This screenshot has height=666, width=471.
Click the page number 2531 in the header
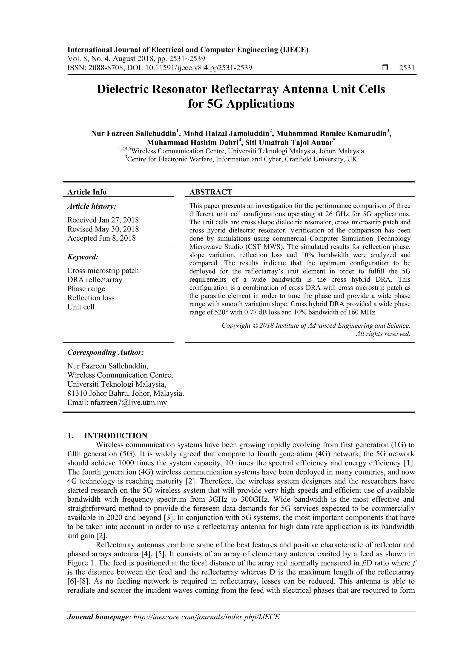[x=407, y=68]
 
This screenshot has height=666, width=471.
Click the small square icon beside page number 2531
[x=385, y=68]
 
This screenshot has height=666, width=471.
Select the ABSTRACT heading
[x=211, y=192]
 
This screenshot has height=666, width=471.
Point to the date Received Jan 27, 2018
[x=103, y=220]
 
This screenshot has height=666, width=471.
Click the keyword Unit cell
[x=81, y=307]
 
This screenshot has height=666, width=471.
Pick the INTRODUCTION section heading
[x=115, y=436]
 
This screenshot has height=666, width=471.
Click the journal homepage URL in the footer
[x=206, y=625]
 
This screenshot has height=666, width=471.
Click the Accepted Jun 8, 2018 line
[x=102, y=238]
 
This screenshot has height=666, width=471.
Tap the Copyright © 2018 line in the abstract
[x=316, y=326]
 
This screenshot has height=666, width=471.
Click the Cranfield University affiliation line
[x=241, y=159]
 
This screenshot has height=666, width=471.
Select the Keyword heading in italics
[x=83, y=257]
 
